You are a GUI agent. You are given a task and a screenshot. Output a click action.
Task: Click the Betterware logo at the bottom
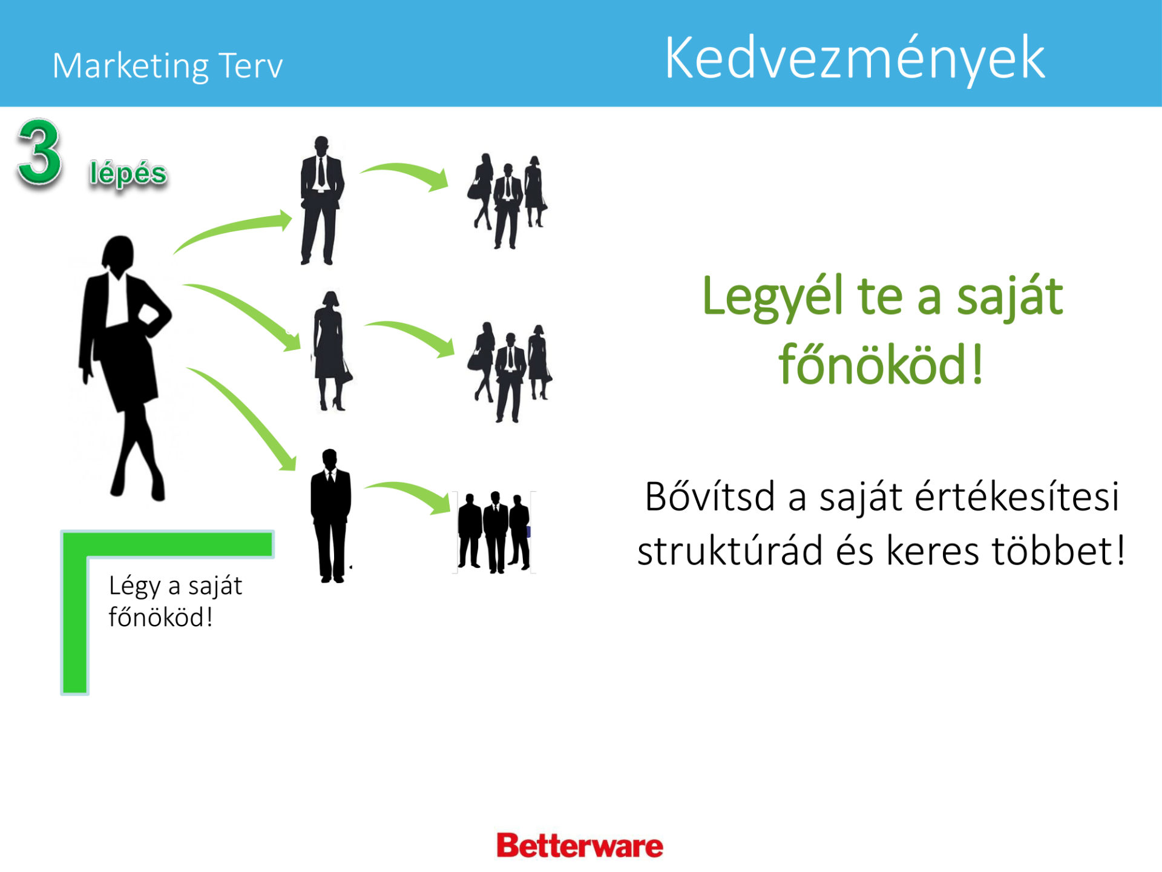[580, 845]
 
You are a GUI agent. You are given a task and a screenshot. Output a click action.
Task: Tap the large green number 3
[39, 152]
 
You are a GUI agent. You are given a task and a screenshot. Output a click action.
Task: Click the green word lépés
[128, 174]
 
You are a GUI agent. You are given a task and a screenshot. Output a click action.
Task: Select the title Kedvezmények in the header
[855, 59]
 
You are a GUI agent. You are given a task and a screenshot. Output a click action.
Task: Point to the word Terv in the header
[251, 65]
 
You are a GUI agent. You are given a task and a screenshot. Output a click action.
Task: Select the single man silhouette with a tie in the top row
[321, 200]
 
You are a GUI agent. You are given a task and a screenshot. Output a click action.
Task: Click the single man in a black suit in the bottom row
[330, 516]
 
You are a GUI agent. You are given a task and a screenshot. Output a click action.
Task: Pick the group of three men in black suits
[494, 532]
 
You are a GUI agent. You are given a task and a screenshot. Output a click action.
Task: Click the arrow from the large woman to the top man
[233, 229]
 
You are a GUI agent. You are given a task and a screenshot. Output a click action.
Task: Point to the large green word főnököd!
[881, 365]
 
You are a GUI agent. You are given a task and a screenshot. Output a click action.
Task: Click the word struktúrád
[729, 551]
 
